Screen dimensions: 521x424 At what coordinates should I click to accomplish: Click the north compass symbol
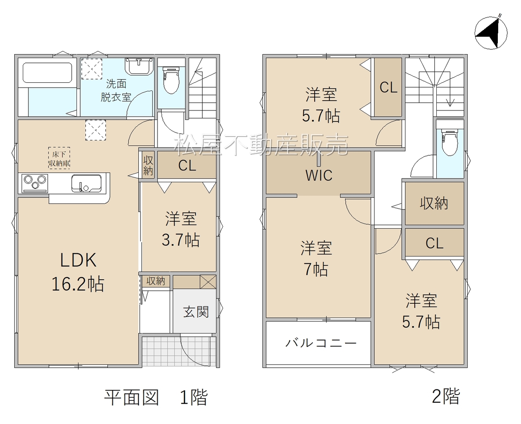pyautogui.click(x=490, y=33)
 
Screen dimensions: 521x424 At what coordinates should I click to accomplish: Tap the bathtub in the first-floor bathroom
pyautogui.click(x=47, y=73)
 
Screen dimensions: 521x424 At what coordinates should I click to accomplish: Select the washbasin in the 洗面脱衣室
pyautogui.click(x=139, y=66)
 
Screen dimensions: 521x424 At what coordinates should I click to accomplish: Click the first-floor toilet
pyautogui.click(x=171, y=80)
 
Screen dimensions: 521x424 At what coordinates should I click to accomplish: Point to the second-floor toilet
pyautogui.click(x=450, y=143)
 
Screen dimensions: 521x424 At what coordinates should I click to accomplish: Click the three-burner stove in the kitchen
pyautogui.click(x=35, y=183)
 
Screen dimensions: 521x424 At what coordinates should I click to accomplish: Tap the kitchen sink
pyautogui.click(x=86, y=183)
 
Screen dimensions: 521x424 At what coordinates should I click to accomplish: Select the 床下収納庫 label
pyautogui.click(x=59, y=158)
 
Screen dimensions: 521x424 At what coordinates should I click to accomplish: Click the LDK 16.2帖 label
pyautogui.click(x=78, y=272)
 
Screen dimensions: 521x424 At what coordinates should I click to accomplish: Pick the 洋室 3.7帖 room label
pyautogui.click(x=181, y=229)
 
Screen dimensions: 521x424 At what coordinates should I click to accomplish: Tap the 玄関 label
pyautogui.click(x=196, y=312)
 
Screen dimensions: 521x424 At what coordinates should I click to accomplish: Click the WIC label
pyautogui.click(x=319, y=175)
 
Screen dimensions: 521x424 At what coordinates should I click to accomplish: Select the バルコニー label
pyautogui.click(x=321, y=343)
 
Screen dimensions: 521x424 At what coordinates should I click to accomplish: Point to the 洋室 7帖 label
pyautogui.click(x=316, y=258)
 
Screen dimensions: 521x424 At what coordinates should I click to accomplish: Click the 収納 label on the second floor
pyautogui.click(x=434, y=203)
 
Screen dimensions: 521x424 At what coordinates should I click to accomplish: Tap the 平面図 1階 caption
pyautogui.click(x=156, y=397)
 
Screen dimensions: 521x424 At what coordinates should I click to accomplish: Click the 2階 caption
pyautogui.click(x=446, y=396)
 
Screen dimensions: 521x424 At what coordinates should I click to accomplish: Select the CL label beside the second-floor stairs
pyautogui.click(x=388, y=87)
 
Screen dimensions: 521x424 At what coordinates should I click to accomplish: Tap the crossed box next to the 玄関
pyautogui.click(x=208, y=282)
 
